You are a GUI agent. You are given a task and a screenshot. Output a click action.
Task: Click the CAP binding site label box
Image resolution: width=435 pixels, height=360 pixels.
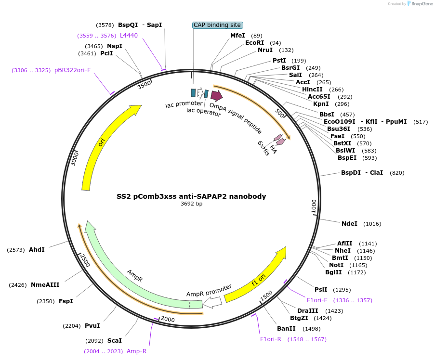pos(218,25)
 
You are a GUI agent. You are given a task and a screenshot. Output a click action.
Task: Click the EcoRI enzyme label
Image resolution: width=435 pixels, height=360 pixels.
pos(254,43)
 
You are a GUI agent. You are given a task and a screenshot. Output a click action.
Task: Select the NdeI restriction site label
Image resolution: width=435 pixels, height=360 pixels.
pos(349,223)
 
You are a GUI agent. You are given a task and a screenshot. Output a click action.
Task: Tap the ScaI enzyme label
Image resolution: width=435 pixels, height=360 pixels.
pos(114,340)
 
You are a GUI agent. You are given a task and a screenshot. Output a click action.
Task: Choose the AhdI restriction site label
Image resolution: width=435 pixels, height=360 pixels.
pos(37,249)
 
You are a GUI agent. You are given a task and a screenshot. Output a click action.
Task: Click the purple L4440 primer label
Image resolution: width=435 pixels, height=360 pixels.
pos(129,35)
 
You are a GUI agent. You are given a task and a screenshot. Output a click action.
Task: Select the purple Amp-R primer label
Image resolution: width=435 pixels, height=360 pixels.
pos(136,351)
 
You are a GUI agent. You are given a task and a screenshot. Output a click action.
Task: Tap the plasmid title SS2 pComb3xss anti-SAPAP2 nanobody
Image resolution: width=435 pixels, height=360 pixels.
pos(191,196)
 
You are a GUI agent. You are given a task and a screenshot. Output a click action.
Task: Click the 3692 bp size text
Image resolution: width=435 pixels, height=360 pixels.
pos(191,204)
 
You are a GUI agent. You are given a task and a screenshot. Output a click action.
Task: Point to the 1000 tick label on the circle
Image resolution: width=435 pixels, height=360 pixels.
pos(314,206)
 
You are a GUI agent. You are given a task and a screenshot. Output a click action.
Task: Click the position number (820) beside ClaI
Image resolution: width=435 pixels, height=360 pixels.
pos(397,173)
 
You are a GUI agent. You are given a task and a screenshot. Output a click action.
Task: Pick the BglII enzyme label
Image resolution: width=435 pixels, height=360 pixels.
pos(333,272)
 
